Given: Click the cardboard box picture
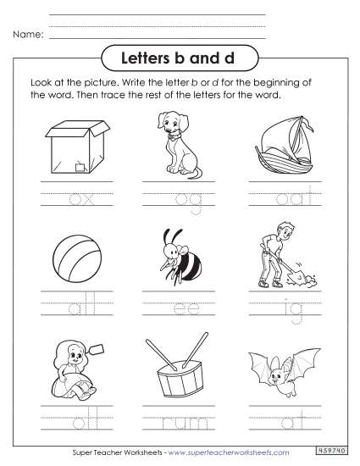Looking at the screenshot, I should (77, 145).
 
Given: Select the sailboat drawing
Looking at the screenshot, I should (280, 143).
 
